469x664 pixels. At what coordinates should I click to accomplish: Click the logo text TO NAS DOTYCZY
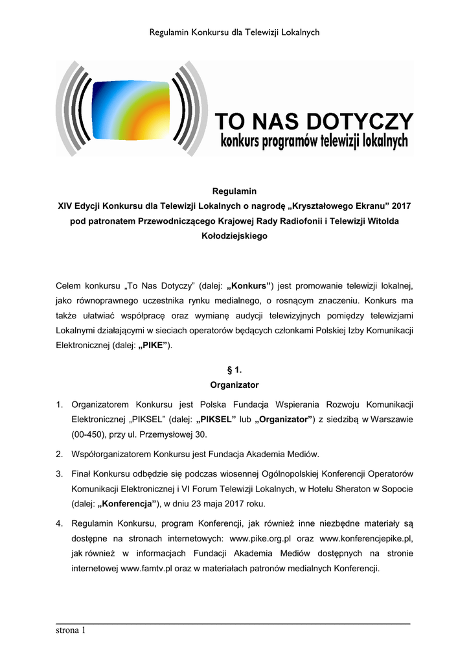[314, 121]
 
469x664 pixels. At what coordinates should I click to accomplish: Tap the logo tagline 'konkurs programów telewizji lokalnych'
[314, 140]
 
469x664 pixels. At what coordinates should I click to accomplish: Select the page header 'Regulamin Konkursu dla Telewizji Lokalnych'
[234, 32]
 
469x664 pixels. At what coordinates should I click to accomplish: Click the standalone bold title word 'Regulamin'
[234, 191]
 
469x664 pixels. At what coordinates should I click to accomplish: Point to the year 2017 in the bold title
[402, 206]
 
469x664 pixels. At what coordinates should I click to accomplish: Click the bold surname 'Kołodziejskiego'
[234, 237]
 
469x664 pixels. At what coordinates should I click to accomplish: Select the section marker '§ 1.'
[234, 370]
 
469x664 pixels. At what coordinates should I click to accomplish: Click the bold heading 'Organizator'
[234, 385]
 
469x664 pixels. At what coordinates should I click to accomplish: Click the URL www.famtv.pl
[145, 569]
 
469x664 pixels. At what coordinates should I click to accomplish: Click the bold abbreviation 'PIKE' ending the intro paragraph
[154, 346]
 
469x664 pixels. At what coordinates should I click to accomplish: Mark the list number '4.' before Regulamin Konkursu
[59, 523]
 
